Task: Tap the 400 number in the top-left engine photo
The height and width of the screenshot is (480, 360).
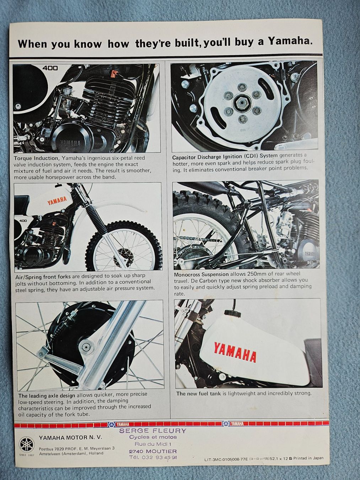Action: (x=50, y=68)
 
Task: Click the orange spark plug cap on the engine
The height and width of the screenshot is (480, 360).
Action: (x=113, y=74)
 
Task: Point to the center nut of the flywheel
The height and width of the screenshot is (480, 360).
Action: (x=242, y=103)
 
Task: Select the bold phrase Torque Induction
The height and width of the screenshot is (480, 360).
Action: (x=36, y=158)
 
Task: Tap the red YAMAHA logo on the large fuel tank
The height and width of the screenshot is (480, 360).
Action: (x=235, y=351)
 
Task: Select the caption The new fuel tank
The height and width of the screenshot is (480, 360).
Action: (x=199, y=393)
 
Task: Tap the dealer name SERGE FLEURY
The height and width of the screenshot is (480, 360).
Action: (x=152, y=431)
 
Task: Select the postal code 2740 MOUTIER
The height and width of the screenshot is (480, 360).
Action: (x=152, y=451)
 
